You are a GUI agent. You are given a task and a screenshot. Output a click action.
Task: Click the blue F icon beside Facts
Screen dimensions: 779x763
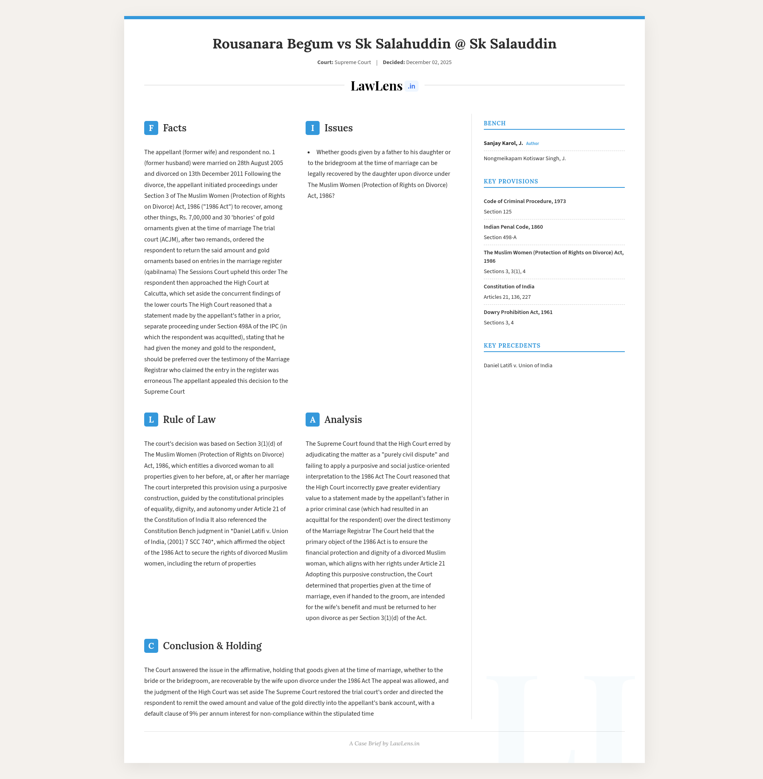[x=151, y=128]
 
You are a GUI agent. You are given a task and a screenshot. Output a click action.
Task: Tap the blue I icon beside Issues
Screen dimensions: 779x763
[x=312, y=128]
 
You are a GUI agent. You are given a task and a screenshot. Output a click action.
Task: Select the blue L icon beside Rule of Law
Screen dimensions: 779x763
[x=151, y=420]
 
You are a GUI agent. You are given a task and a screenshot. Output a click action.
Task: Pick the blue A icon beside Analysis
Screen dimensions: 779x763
[x=312, y=420]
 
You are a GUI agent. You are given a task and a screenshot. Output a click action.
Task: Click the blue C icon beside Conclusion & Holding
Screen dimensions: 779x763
[x=151, y=646]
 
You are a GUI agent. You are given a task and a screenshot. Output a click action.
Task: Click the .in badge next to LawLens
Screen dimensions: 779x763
[x=412, y=86]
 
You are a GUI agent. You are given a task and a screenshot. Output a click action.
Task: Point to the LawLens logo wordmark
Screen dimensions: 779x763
[x=376, y=86]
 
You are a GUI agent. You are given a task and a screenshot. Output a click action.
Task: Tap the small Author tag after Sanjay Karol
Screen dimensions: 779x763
[x=532, y=143]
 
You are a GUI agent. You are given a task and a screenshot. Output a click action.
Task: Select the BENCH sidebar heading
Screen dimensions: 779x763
[x=495, y=123]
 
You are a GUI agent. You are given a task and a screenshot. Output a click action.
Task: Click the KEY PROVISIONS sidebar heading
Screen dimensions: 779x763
[x=511, y=181]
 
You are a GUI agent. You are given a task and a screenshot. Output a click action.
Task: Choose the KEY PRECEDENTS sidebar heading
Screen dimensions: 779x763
[x=512, y=346]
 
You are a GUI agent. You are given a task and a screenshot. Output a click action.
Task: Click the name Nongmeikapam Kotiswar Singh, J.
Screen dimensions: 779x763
[x=525, y=158]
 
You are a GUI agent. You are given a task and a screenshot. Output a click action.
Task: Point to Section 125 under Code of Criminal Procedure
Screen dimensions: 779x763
[x=497, y=211]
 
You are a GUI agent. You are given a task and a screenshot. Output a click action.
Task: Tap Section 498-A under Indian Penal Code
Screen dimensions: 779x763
[x=500, y=237]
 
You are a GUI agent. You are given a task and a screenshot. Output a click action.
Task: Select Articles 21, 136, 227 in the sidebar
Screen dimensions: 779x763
[x=507, y=297]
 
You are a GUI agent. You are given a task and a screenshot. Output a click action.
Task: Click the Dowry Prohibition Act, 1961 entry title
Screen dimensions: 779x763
[x=518, y=312]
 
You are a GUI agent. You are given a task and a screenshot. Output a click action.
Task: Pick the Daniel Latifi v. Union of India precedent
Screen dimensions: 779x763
[x=518, y=365]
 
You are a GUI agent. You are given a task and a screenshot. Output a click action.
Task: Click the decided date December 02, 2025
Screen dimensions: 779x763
[x=429, y=62]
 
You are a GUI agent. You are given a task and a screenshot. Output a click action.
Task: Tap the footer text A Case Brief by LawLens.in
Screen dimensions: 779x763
[x=385, y=743]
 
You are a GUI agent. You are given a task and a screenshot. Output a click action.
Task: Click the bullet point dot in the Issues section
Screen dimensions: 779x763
[x=309, y=153]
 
